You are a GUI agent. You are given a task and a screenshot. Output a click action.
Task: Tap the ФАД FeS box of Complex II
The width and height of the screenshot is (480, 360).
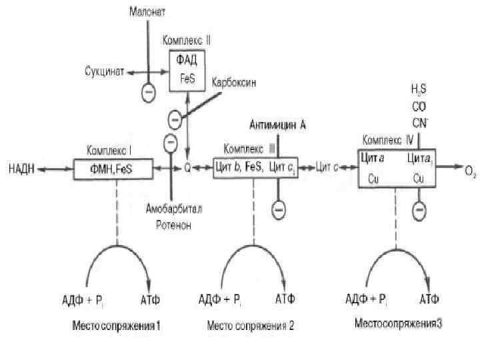[x=187, y=68]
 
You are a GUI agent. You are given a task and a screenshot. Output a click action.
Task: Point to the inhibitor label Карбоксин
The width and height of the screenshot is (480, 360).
[x=234, y=83]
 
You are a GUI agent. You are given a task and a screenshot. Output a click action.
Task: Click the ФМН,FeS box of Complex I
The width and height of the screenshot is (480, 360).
[x=114, y=169]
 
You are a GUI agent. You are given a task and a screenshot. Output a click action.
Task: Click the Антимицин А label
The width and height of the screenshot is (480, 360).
[x=278, y=125]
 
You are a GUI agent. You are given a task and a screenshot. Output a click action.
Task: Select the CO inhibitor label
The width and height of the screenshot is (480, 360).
[x=419, y=107]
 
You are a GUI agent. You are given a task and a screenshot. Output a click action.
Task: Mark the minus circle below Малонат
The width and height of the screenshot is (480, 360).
[x=148, y=91]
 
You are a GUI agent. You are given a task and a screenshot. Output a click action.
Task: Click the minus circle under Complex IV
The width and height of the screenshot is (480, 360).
[x=419, y=211]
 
